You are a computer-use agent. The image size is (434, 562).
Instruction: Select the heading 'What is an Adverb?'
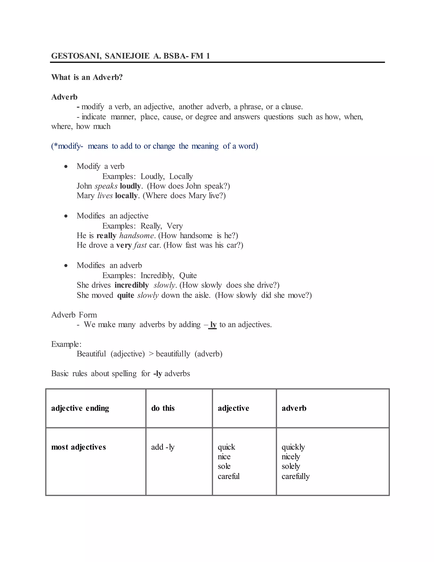(87, 77)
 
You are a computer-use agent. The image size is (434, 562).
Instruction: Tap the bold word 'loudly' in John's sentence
(130, 186)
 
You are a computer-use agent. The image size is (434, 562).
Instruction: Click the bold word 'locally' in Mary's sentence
(126, 196)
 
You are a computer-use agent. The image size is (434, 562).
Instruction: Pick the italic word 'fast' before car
(140, 245)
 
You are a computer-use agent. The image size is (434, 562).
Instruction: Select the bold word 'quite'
(125, 295)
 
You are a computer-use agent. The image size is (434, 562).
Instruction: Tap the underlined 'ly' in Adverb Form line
(213, 325)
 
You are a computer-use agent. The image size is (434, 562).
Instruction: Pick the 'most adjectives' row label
(78, 447)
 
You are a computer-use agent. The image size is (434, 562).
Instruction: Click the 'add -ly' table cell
(163, 447)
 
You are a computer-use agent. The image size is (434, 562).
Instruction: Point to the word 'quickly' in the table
(293, 447)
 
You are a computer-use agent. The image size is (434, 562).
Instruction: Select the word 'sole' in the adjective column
(224, 466)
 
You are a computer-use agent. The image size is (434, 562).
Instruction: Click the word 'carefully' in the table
(295, 476)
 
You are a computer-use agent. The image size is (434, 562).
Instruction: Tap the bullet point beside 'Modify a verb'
(66, 166)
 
